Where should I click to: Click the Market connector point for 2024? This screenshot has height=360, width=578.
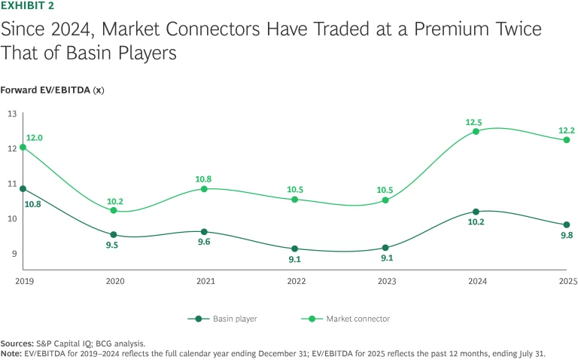(476, 131)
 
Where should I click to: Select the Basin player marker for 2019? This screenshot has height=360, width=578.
(23, 188)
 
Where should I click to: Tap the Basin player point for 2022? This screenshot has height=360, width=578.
(295, 249)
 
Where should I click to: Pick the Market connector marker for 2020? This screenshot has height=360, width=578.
(114, 210)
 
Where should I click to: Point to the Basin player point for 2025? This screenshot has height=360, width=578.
(567, 224)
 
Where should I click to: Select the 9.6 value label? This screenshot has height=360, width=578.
(204, 243)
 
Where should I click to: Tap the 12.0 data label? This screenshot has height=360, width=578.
(35, 138)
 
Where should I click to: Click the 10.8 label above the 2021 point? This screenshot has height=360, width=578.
(205, 179)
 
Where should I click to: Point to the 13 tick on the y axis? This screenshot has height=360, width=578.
(12, 114)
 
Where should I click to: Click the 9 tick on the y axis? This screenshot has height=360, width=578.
(14, 254)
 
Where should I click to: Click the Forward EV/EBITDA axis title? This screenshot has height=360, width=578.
(52, 90)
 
